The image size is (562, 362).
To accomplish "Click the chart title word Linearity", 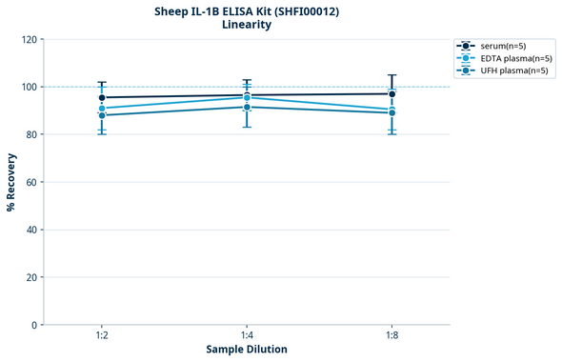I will coord(246,25).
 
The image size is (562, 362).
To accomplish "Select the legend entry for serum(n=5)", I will coord(502,46).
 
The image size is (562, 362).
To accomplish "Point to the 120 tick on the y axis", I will coord(30,40).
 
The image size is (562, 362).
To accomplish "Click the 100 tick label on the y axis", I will coord(30,88).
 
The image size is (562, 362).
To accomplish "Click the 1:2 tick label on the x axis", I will coord(101,336).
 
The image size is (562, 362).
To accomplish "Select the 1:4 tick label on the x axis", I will coord(247,336).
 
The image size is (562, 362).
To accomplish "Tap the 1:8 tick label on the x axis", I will coord(391,336).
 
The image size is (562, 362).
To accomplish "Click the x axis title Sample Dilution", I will coord(247,350).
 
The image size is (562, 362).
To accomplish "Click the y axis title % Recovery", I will coord(11,182).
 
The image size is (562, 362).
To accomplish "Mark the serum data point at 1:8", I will coord(391,93).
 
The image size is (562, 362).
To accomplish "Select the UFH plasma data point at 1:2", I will coord(101,115).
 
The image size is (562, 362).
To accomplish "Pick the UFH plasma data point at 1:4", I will coord(247,107).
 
